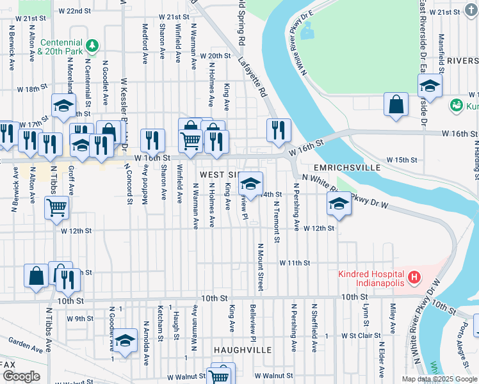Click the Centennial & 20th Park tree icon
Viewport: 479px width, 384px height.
click(x=92, y=45)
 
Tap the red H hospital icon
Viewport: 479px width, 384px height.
click(x=415, y=278)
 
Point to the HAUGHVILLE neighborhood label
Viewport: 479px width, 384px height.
click(x=243, y=350)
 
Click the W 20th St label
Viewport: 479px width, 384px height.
click(x=215, y=56)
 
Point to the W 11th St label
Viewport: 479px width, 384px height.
click(x=294, y=263)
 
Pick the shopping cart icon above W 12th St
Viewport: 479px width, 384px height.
click(x=56, y=207)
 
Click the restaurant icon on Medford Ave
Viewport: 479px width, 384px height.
click(x=152, y=140)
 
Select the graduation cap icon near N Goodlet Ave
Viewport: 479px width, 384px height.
click(x=126, y=340)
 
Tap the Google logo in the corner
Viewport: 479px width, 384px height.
click(x=21, y=377)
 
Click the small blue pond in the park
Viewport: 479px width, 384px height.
click(x=305, y=29)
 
